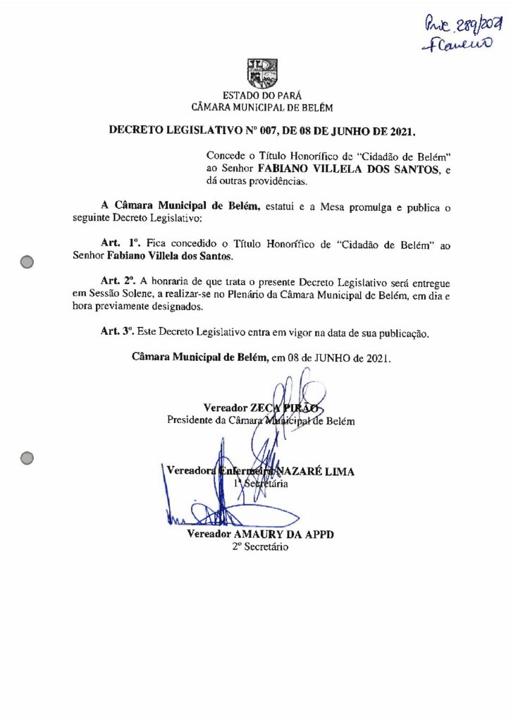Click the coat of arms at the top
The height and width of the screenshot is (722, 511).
pos(261,73)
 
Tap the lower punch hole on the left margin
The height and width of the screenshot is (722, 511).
pos(27,458)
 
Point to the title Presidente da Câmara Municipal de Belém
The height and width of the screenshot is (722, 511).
pos(261,421)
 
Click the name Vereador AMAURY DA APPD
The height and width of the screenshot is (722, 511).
pos(260,534)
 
